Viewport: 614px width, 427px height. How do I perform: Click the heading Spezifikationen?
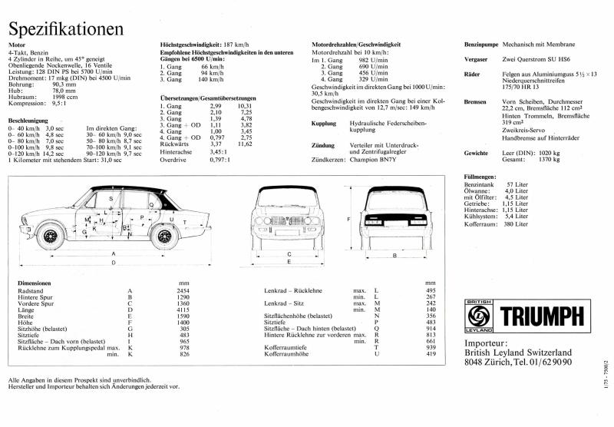coord(65,28)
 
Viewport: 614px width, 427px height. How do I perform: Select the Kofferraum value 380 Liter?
coord(514,223)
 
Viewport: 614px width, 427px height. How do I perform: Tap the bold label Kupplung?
coord(327,123)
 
